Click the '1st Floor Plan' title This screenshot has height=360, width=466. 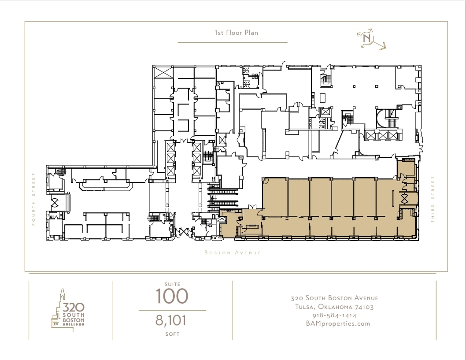(x=237, y=33)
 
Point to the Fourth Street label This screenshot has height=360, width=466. (x=33, y=199)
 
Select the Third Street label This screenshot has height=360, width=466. (x=433, y=199)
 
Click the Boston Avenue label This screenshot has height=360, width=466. (x=233, y=252)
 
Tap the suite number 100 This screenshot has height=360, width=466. (x=172, y=296)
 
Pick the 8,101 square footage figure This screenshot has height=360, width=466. (x=171, y=320)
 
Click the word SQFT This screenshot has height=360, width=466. (x=172, y=334)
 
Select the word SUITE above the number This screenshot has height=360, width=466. (x=172, y=284)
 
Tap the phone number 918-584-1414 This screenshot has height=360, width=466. (x=334, y=315)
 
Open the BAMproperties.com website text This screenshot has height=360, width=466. (x=338, y=324)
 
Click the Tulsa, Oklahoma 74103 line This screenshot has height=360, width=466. (x=334, y=307)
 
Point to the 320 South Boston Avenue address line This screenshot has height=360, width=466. (x=334, y=298)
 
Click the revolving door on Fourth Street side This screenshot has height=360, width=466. (x=55, y=203)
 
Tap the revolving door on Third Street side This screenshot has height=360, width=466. (x=404, y=198)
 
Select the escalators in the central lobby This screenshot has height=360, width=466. (x=223, y=197)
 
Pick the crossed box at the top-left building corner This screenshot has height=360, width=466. (x=163, y=73)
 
